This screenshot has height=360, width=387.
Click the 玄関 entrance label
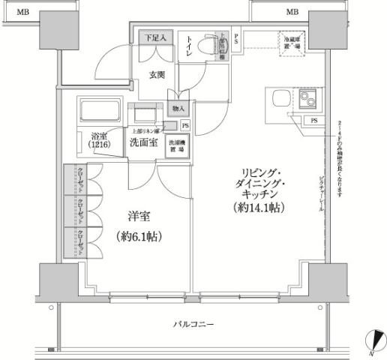coord(157,74)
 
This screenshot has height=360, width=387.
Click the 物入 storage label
coord(176,109)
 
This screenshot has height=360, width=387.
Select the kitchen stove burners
coord(308,97)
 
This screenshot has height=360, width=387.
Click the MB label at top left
coord(24,12)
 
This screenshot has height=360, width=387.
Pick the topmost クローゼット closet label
coord(79,180)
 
